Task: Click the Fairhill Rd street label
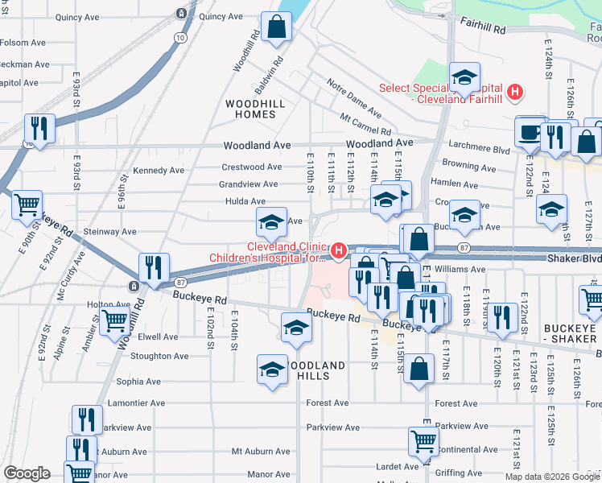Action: [x=483, y=27]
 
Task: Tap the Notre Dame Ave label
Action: [x=353, y=95]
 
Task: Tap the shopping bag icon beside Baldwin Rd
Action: [x=276, y=27]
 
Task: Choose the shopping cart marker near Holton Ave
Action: [x=116, y=320]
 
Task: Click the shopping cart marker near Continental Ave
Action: [x=423, y=440]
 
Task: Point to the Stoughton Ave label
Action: [x=159, y=356]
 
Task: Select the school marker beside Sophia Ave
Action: [x=272, y=369]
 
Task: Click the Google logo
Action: [x=27, y=473]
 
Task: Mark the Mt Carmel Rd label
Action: [x=365, y=124]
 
